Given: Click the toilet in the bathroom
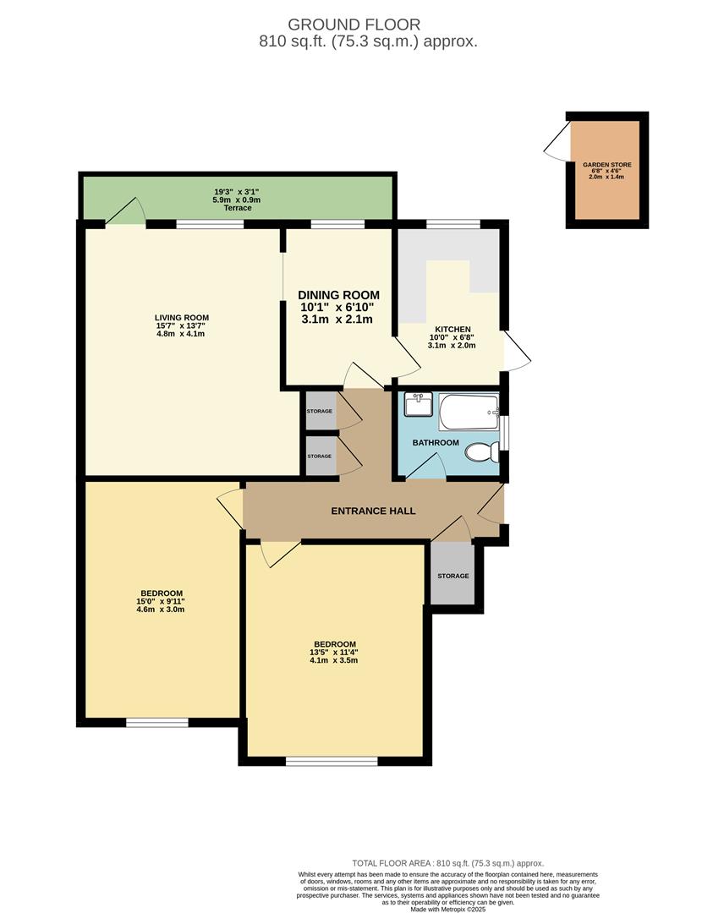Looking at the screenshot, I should (483, 453).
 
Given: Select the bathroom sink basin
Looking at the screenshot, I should (417, 407).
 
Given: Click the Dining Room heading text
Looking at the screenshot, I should (338, 295).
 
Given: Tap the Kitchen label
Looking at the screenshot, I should (452, 330).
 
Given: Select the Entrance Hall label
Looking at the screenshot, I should (373, 511).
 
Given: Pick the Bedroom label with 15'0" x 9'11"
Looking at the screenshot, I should (161, 593).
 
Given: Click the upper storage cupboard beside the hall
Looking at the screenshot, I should (320, 411).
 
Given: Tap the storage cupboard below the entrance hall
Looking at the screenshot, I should (452, 576).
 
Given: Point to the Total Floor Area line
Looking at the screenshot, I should (449, 863).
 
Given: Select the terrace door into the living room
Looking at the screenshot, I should (125, 212).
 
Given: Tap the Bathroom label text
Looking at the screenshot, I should (436, 443).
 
